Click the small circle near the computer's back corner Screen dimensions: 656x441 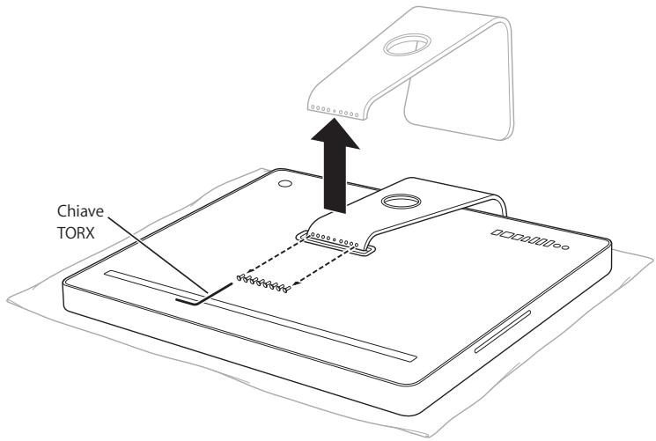point(284,185)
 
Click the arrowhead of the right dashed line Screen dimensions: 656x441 point(292,283)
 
